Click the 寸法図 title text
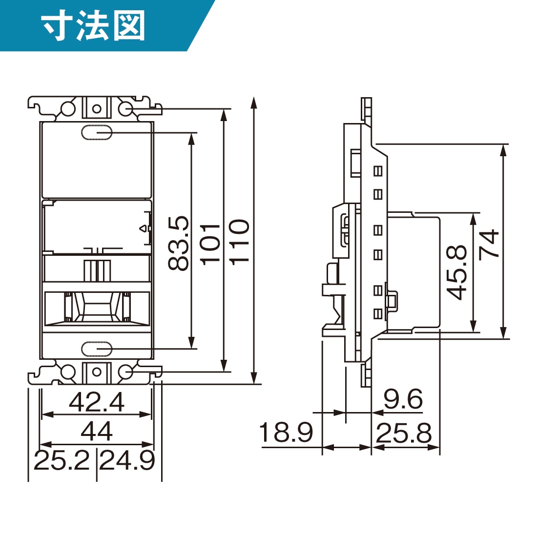[x=93, y=26]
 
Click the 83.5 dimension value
[x=179, y=243]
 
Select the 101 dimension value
[x=211, y=243]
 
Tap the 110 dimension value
[x=240, y=242]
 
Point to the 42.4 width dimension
[x=97, y=402]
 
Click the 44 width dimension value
[x=97, y=432]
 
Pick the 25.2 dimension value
[x=62, y=460]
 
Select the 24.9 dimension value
[x=127, y=460]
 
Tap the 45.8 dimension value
[x=457, y=272]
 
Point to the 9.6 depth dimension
[x=403, y=399]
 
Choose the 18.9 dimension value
[x=286, y=433]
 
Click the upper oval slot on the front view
[x=97, y=132]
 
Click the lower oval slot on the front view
[x=97, y=349]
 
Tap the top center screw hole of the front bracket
[x=97, y=108]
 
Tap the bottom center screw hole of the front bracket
[x=97, y=372]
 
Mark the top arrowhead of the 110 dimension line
[x=253, y=102]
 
